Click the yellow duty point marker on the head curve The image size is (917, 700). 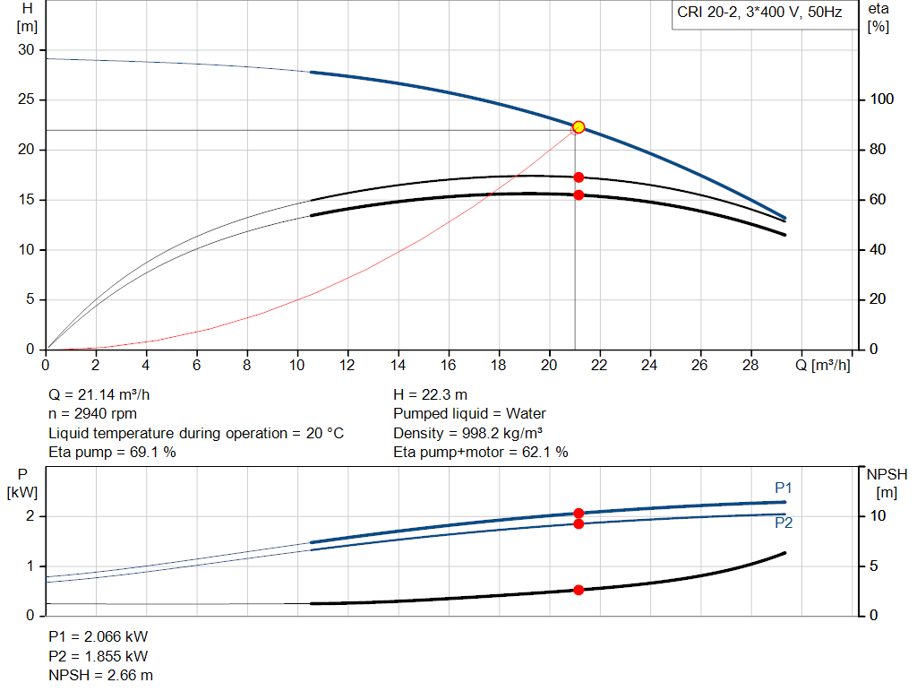point(578,127)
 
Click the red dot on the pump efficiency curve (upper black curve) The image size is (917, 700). point(578,177)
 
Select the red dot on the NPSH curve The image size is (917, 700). point(578,590)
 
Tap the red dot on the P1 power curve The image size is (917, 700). point(578,514)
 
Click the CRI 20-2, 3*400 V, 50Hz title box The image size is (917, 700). point(758,14)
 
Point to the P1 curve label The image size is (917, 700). point(784,488)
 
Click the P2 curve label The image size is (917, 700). point(784,523)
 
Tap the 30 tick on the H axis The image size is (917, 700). point(26,50)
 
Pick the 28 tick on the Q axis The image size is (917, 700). point(750,366)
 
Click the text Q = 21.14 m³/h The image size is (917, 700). point(106,394)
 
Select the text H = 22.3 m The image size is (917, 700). point(431,394)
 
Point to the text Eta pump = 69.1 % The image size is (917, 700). point(112,453)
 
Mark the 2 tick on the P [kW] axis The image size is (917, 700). point(30,516)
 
